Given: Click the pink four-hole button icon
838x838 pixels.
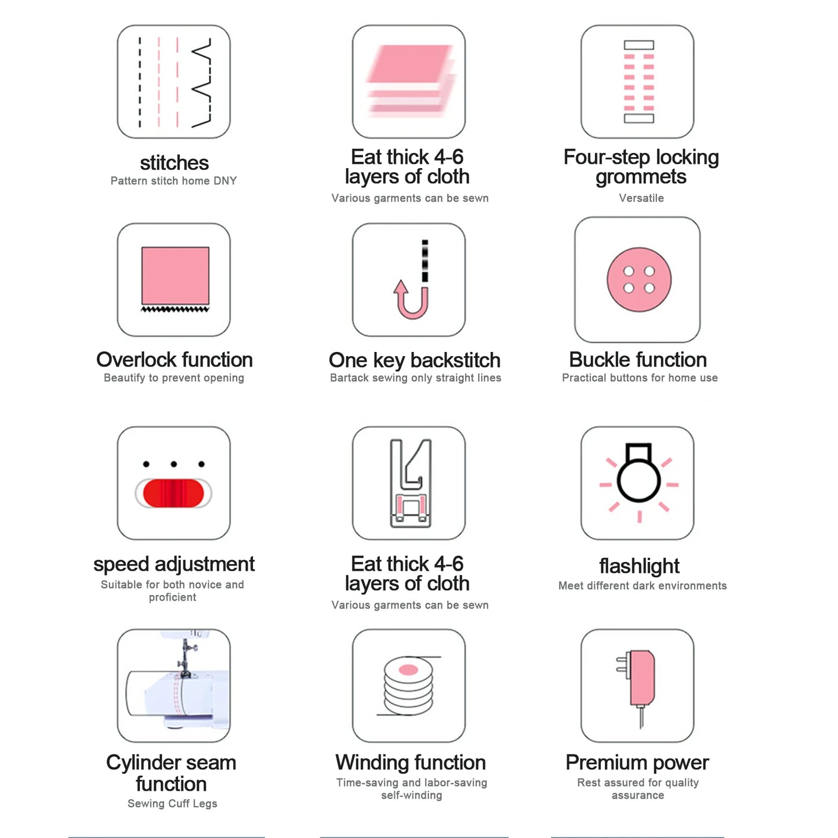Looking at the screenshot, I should (639, 280).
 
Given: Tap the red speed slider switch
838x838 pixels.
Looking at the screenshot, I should (173, 493).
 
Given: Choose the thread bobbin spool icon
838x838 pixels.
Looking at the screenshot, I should (409, 685).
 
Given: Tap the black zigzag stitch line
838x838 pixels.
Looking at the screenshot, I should (202, 82).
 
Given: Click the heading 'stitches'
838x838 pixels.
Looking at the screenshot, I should (174, 163).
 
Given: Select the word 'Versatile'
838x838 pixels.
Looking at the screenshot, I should (641, 198).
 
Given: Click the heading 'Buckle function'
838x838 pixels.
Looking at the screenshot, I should (638, 360).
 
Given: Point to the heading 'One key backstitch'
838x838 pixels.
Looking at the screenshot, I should (414, 360).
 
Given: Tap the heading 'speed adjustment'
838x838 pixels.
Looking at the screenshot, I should (174, 564).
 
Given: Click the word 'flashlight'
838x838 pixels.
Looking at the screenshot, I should (639, 565).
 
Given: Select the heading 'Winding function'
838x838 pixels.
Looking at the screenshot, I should (411, 762).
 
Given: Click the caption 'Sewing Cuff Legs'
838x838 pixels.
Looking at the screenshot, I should (172, 803).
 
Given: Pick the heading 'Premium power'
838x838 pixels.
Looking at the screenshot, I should (637, 762).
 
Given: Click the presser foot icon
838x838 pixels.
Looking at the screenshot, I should (411, 483).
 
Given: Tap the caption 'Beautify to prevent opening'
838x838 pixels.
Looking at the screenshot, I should (174, 378).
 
